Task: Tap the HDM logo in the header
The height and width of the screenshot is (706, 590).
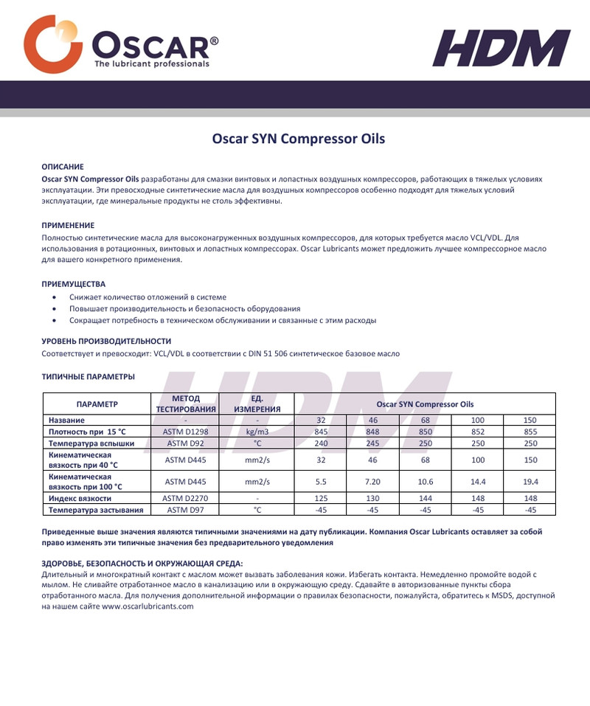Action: point(502,48)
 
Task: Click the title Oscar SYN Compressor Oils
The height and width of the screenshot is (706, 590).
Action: point(299,138)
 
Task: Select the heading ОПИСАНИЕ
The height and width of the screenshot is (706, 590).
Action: point(62,167)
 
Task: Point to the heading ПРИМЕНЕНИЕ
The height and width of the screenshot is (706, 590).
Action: point(68,225)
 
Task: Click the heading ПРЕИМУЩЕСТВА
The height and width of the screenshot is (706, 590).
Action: point(73,283)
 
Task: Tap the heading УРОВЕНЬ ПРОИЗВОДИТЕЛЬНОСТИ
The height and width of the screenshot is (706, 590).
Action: point(106,342)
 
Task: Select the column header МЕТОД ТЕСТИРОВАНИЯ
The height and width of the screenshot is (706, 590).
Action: point(185,404)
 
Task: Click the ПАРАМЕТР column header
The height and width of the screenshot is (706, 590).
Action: point(97,404)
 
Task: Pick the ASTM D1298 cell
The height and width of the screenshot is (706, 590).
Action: point(185,432)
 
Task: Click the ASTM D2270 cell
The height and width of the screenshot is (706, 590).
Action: point(185,498)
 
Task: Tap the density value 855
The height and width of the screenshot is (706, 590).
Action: point(530,432)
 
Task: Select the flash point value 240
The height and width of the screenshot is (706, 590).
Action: point(320,443)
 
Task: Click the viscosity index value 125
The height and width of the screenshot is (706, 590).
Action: point(320,498)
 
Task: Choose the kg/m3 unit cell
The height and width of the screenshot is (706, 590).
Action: point(257,432)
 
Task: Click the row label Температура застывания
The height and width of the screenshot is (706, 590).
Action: point(95,509)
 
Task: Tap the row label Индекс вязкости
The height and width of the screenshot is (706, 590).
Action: point(80,498)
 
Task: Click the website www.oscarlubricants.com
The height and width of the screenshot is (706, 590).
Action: point(147,606)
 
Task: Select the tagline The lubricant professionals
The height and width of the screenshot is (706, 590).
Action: point(151,64)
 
